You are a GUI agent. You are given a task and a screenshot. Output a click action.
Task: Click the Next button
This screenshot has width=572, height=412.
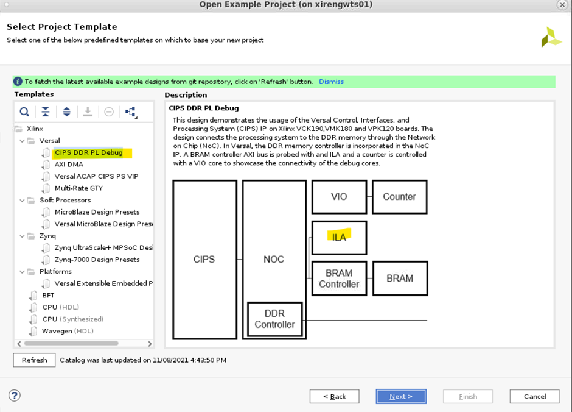pyautogui.click(x=400, y=396)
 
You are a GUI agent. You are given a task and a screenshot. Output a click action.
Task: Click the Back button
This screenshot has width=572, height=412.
pyautogui.click(x=334, y=396)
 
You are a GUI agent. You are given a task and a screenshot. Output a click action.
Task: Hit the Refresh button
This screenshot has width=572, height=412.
pyautogui.click(x=34, y=360)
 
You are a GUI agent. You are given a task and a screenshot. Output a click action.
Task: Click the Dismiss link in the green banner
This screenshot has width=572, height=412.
pyautogui.click(x=331, y=82)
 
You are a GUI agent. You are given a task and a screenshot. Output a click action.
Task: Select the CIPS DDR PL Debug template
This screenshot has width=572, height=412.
pyautogui.click(x=88, y=152)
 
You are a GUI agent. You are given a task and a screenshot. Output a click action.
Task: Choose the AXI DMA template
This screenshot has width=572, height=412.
pyautogui.click(x=69, y=165)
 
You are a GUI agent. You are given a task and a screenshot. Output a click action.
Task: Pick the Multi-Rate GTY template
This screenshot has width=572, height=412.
pyautogui.click(x=78, y=188)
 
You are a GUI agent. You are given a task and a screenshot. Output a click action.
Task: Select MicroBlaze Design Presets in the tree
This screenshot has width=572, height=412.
pyautogui.click(x=97, y=212)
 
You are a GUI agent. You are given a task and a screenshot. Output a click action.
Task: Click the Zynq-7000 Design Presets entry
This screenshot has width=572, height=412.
pyautogui.click(x=97, y=260)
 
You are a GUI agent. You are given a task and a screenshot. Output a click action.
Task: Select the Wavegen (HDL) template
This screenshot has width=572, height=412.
pyautogui.click(x=67, y=331)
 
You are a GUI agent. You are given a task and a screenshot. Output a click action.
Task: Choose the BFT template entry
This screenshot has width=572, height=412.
pyautogui.click(x=48, y=296)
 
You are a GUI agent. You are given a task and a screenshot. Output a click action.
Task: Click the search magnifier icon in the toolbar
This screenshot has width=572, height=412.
pyautogui.click(x=24, y=112)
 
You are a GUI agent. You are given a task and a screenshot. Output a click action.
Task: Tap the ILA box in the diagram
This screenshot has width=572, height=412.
pyautogui.click(x=339, y=237)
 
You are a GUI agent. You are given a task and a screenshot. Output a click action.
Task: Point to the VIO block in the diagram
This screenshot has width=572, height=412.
pyautogui.click(x=339, y=197)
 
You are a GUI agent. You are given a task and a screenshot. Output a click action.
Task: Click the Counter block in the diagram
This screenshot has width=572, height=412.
pyautogui.click(x=399, y=197)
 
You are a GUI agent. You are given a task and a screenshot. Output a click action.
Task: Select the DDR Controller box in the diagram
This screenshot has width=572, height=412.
pyautogui.click(x=274, y=319)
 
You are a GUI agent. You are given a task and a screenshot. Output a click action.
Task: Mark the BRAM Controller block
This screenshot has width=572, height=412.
pyautogui.click(x=339, y=279)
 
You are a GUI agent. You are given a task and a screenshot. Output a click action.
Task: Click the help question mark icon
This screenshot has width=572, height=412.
pyautogui.click(x=15, y=396)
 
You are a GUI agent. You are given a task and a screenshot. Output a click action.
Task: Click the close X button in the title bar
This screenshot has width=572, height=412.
pyautogui.click(x=562, y=5)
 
